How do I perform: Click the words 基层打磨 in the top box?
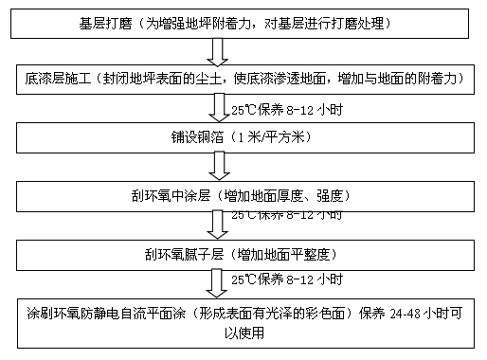105,20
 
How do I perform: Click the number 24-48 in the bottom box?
398,313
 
